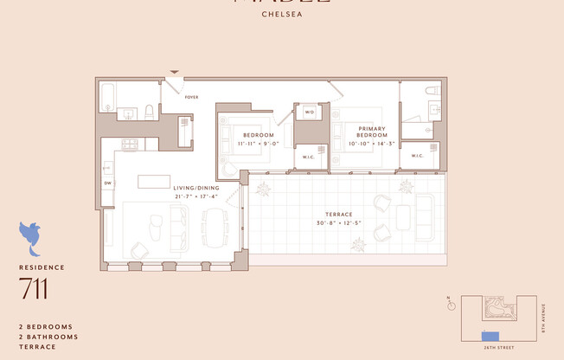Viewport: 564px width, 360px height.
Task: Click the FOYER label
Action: [x=191, y=97]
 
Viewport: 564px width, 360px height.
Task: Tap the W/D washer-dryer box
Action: [x=309, y=112]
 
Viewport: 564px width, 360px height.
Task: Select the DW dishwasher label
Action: [x=108, y=183]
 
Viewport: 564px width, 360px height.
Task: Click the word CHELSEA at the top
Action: [x=282, y=14]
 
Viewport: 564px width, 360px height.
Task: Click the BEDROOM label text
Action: [x=259, y=135]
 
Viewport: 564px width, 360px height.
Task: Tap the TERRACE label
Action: [x=339, y=213]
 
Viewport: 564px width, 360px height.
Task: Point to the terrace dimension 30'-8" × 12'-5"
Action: [x=339, y=222]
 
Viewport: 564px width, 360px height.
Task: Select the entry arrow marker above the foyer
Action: [x=175, y=73]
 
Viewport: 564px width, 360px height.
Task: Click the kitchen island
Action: [x=153, y=180]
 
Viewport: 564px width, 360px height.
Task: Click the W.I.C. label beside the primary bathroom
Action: [x=417, y=156]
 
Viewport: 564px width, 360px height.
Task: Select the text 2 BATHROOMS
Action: [x=48, y=337]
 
